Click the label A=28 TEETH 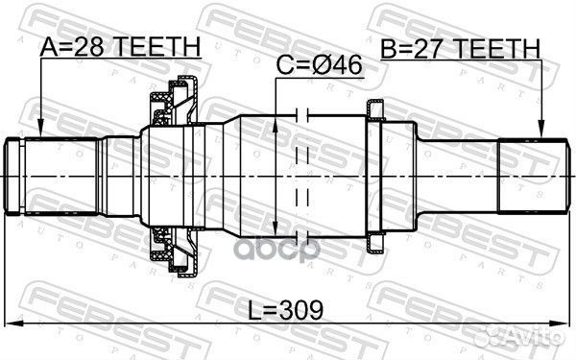pos(120,46)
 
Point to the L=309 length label pos(283,309)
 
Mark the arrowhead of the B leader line pos(541,131)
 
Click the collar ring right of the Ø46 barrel pos(375,178)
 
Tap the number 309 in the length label pos(300,309)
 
